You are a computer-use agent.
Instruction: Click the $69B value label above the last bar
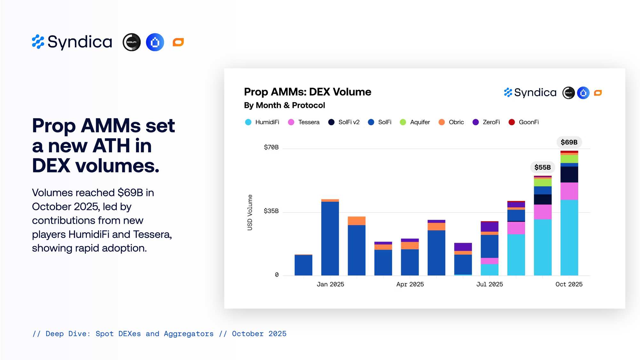(569, 142)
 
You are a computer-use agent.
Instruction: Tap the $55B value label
(542, 167)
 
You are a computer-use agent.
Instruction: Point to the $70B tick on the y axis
(271, 147)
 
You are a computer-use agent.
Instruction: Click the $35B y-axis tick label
(271, 211)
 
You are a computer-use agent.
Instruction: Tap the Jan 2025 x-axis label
(330, 284)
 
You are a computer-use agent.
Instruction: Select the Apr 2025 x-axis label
(410, 284)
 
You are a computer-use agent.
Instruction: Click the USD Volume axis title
(250, 212)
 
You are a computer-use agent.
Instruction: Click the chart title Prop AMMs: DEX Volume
(308, 92)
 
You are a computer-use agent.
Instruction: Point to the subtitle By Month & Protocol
(284, 105)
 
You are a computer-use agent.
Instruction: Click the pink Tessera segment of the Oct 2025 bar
(569, 191)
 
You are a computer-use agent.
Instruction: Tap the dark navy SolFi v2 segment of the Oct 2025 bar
(569, 174)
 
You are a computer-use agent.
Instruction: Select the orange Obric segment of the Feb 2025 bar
(356, 221)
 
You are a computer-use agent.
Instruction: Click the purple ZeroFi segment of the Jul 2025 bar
(489, 227)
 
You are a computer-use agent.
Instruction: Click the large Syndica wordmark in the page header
(80, 42)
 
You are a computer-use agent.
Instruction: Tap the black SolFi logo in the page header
(132, 42)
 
